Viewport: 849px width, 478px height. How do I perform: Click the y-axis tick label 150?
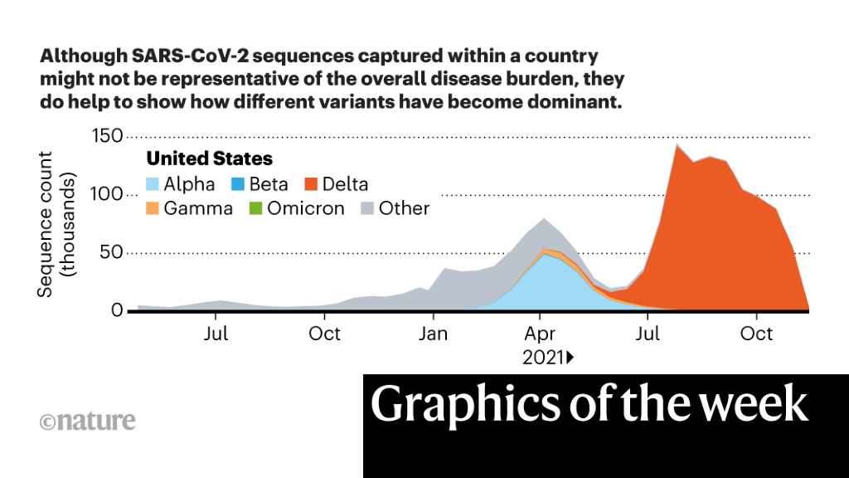click(x=106, y=136)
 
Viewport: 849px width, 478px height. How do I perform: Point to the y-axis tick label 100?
click(x=106, y=194)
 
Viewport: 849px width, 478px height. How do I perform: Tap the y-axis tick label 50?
click(x=111, y=252)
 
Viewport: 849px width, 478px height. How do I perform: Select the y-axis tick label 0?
click(x=117, y=310)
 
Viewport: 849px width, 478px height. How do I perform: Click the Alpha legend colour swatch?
click(x=153, y=184)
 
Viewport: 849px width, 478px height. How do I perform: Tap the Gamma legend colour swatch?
click(x=153, y=208)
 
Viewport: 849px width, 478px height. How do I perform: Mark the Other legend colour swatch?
click(x=367, y=208)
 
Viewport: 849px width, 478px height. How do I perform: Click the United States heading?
click(x=210, y=159)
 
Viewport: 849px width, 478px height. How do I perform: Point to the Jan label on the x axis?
click(x=434, y=334)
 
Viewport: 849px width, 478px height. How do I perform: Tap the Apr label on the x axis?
click(x=541, y=334)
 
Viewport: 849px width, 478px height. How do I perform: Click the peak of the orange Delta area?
click(x=677, y=145)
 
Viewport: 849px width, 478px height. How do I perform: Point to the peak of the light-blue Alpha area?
click(x=543, y=255)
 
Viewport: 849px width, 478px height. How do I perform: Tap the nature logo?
click(x=87, y=421)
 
